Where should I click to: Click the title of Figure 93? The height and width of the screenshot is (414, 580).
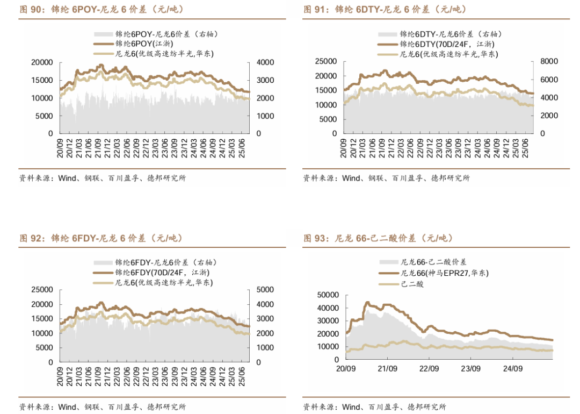coord(379,238)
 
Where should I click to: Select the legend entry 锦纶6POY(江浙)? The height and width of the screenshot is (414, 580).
coord(140,44)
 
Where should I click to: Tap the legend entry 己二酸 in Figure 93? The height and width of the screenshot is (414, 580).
coord(412,283)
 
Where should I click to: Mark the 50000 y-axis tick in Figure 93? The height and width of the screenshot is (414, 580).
coord(328,295)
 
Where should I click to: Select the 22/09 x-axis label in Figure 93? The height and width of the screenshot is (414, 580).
coord(429,369)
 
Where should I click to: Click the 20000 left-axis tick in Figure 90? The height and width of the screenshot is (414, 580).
coord(42,62)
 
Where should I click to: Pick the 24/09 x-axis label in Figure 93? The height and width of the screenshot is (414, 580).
coord(512,369)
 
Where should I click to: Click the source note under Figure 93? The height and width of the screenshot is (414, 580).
coord(374,406)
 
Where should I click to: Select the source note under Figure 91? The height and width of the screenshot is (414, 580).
coord(386,178)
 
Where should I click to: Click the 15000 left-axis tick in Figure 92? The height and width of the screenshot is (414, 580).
coord(42,319)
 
